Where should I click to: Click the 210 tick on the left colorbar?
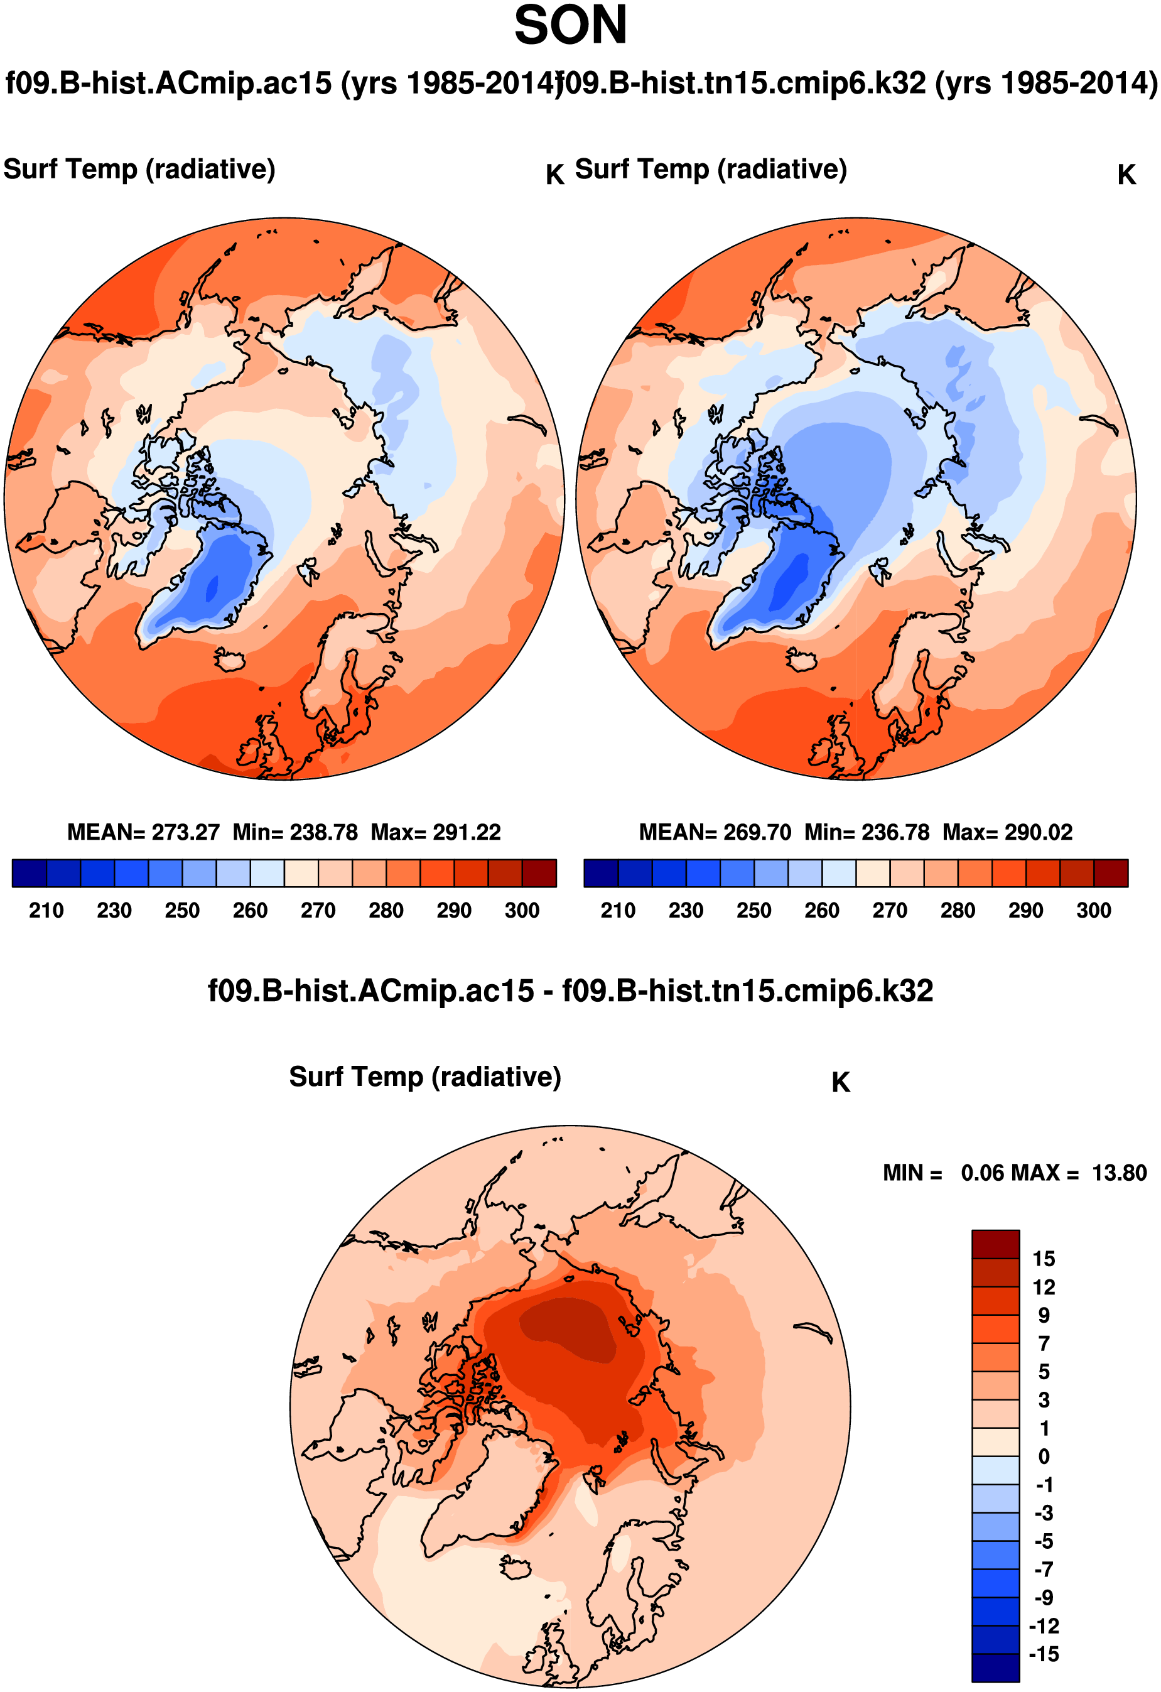[x=46, y=910]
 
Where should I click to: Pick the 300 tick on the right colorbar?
[x=1093, y=910]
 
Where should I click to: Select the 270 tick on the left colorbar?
[x=318, y=910]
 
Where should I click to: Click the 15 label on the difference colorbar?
[x=1043, y=1259]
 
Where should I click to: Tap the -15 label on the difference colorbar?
[x=1043, y=1654]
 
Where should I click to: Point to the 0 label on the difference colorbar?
[x=1043, y=1457]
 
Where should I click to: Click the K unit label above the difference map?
[x=840, y=1083]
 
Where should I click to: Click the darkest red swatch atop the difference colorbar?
[x=995, y=1244]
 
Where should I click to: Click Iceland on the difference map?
[x=516, y=1568]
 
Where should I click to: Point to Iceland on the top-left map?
[x=230, y=660]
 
